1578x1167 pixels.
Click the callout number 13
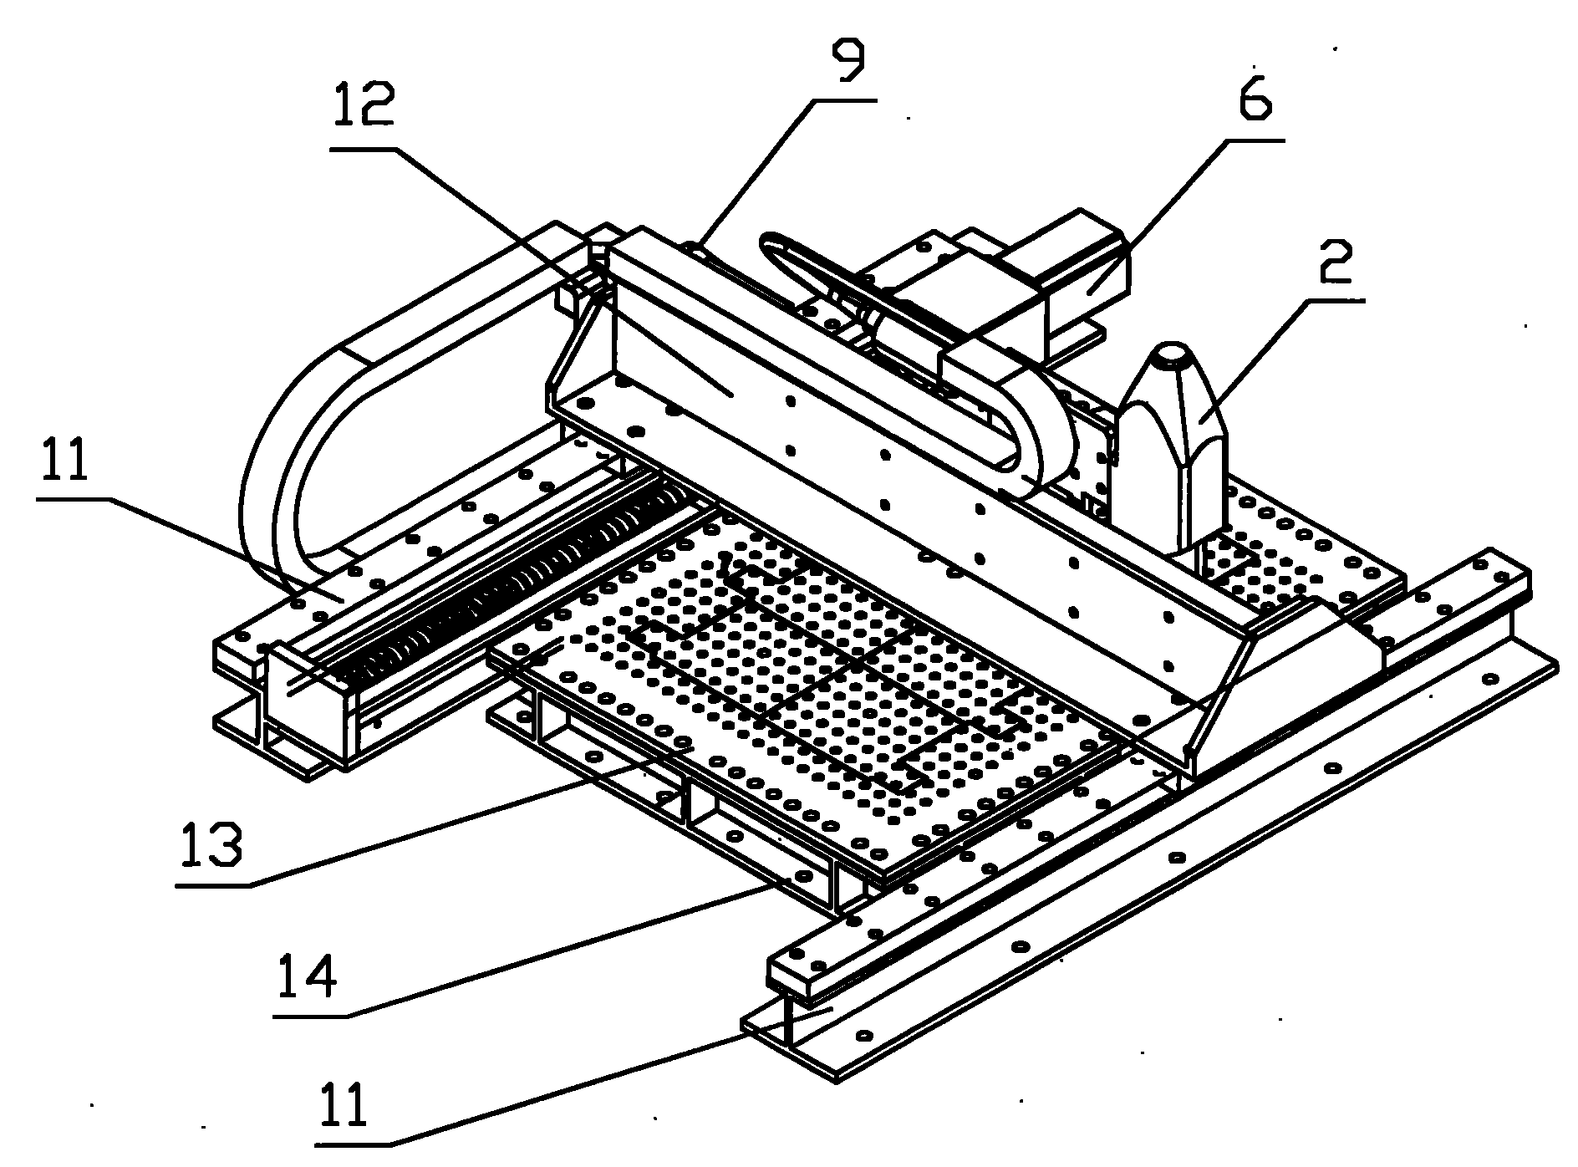211,846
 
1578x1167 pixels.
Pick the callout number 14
308,977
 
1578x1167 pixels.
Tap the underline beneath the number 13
214,885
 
